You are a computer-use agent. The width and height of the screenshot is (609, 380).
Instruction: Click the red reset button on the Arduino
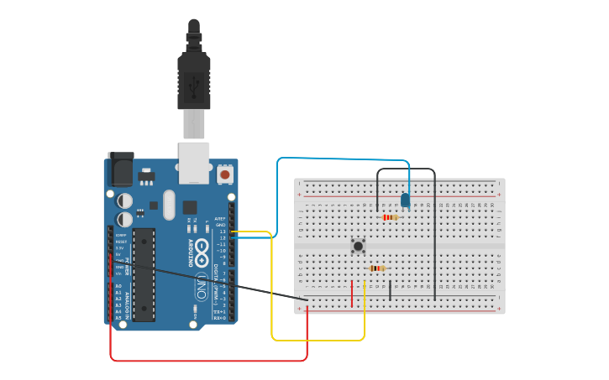click(x=225, y=174)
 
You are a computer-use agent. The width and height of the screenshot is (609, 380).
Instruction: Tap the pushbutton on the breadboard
click(x=359, y=246)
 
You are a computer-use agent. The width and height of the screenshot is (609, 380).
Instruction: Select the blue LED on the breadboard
click(x=406, y=200)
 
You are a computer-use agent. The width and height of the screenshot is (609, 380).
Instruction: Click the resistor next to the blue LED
click(x=390, y=217)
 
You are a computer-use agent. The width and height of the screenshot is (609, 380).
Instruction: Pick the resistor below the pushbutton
click(x=377, y=268)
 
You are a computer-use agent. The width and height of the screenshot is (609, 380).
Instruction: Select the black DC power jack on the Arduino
click(x=119, y=170)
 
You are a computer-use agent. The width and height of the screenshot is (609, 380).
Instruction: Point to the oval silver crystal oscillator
click(x=169, y=204)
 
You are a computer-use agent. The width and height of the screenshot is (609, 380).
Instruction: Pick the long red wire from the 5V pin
click(x=210, y=361)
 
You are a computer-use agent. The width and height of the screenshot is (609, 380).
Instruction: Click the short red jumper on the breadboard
click(x=353, y=290)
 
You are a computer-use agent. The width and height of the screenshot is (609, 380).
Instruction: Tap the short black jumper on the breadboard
click(x=390, y=290)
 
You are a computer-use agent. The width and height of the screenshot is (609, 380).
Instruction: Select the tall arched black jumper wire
click(x=434, y=235)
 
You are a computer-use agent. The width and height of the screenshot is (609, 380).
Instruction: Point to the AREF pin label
click(x=221, y=219)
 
